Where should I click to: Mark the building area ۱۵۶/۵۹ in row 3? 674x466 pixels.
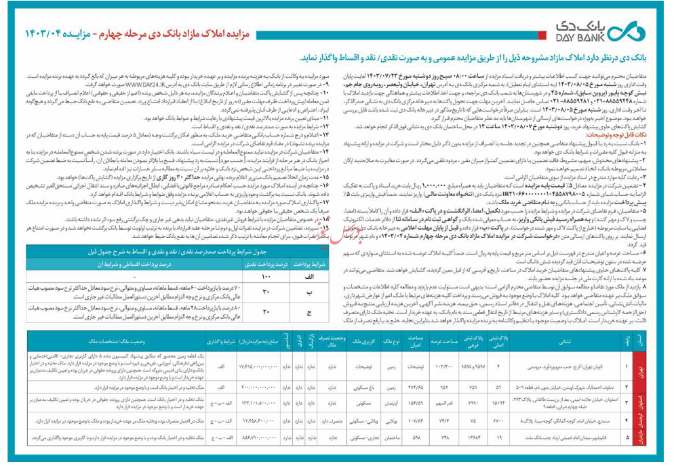416,403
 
